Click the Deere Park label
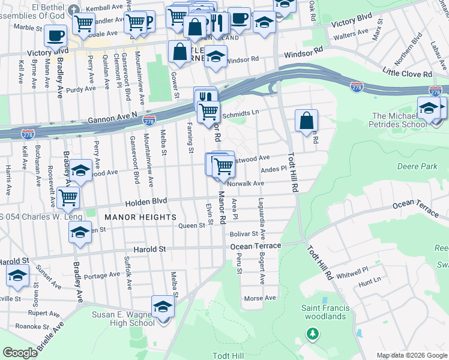click(417, 166)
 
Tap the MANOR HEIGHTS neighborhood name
click(140, 217)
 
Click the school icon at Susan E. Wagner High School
click(162, 307)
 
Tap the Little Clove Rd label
click(408, 74)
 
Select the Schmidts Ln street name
click(240, 113)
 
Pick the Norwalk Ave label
click(246, 184)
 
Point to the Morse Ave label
click(260, 298)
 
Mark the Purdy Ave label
click(81, 89)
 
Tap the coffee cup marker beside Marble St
click(55, 35)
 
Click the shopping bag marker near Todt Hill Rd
click(306, 120)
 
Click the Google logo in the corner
click(20, 353)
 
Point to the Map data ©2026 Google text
click(411, 355)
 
